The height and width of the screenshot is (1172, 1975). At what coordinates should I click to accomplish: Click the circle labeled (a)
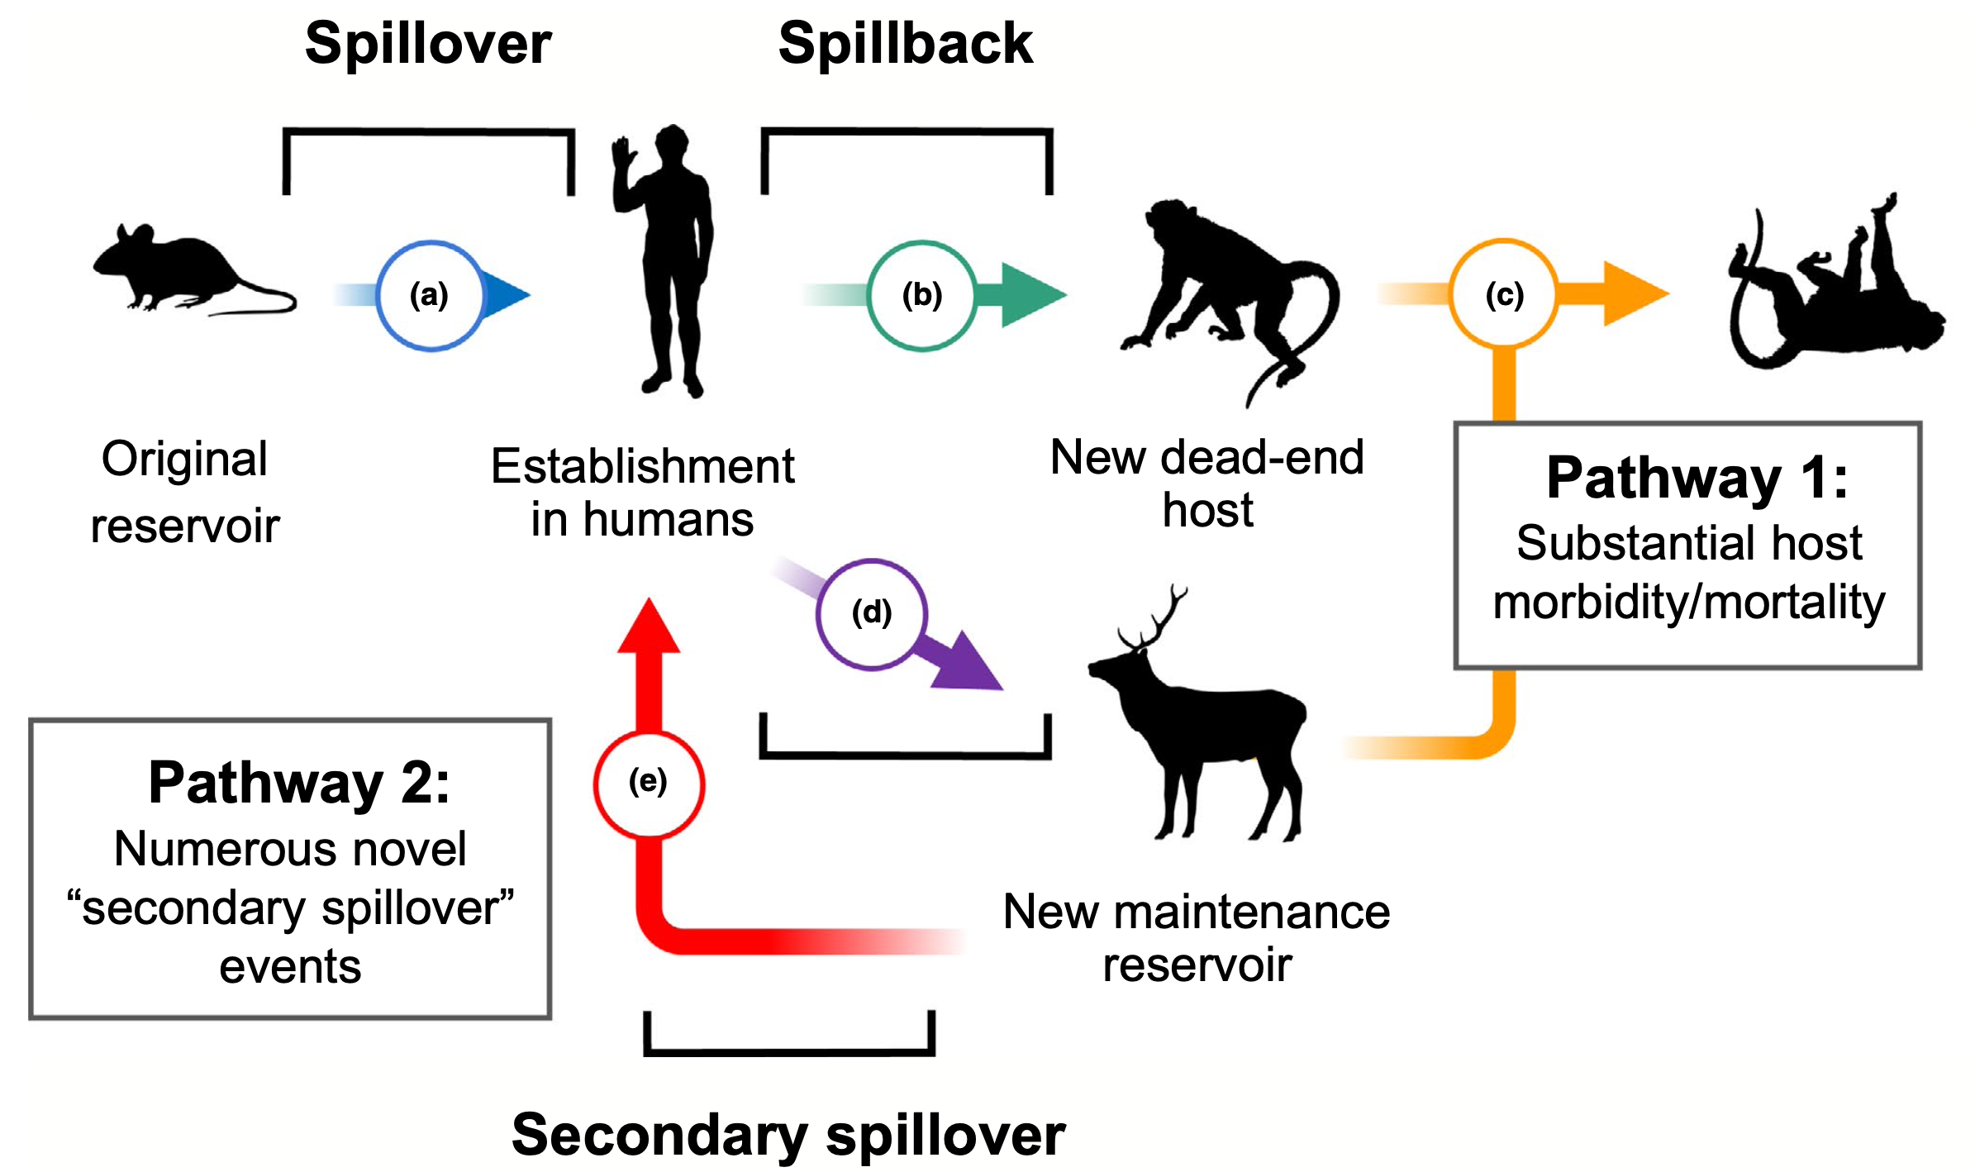tap(429, 295)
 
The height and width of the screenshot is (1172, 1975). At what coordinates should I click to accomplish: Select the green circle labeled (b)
tap(921, 295)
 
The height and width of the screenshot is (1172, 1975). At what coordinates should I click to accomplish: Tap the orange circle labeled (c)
tap(1504, 293)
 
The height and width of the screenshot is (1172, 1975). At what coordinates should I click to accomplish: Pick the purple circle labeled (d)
tap(871, 613)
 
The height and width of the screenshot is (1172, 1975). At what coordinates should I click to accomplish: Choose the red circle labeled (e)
tap(649, 783)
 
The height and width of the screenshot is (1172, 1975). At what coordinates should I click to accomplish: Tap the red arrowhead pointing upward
tap(650, 628)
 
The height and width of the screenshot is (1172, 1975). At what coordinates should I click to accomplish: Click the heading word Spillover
tap(428, 43)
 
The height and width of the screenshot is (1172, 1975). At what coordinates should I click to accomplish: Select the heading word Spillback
tap(905, 43)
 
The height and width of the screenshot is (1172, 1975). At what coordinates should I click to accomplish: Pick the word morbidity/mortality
tap(1688, 602)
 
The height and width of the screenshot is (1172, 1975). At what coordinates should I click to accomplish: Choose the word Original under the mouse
tap(184, 460)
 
